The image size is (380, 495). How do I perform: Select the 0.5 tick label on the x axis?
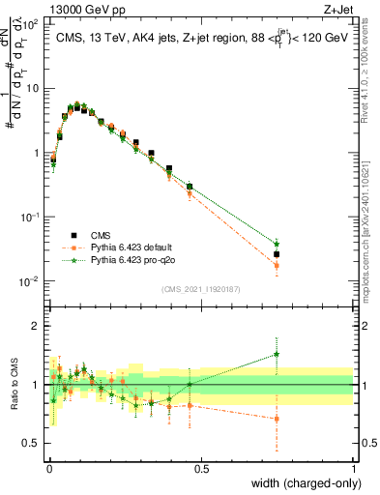(x=200, y=470)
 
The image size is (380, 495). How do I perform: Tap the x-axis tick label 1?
(x=353, y=470)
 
